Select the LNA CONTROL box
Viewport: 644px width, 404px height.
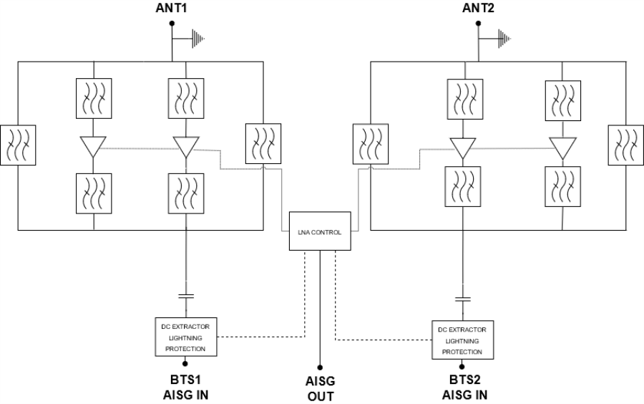(320, 231)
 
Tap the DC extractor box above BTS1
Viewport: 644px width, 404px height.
(185, 337)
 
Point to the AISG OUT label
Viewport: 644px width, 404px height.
(320, 388)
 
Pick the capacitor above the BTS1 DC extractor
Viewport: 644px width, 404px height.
(186, 294)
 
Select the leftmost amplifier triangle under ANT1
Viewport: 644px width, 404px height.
(94, 148)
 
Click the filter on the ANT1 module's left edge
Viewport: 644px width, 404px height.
(18, 145)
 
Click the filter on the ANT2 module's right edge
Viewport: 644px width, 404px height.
(625, 145)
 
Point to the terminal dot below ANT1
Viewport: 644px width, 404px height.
(171, 24)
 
